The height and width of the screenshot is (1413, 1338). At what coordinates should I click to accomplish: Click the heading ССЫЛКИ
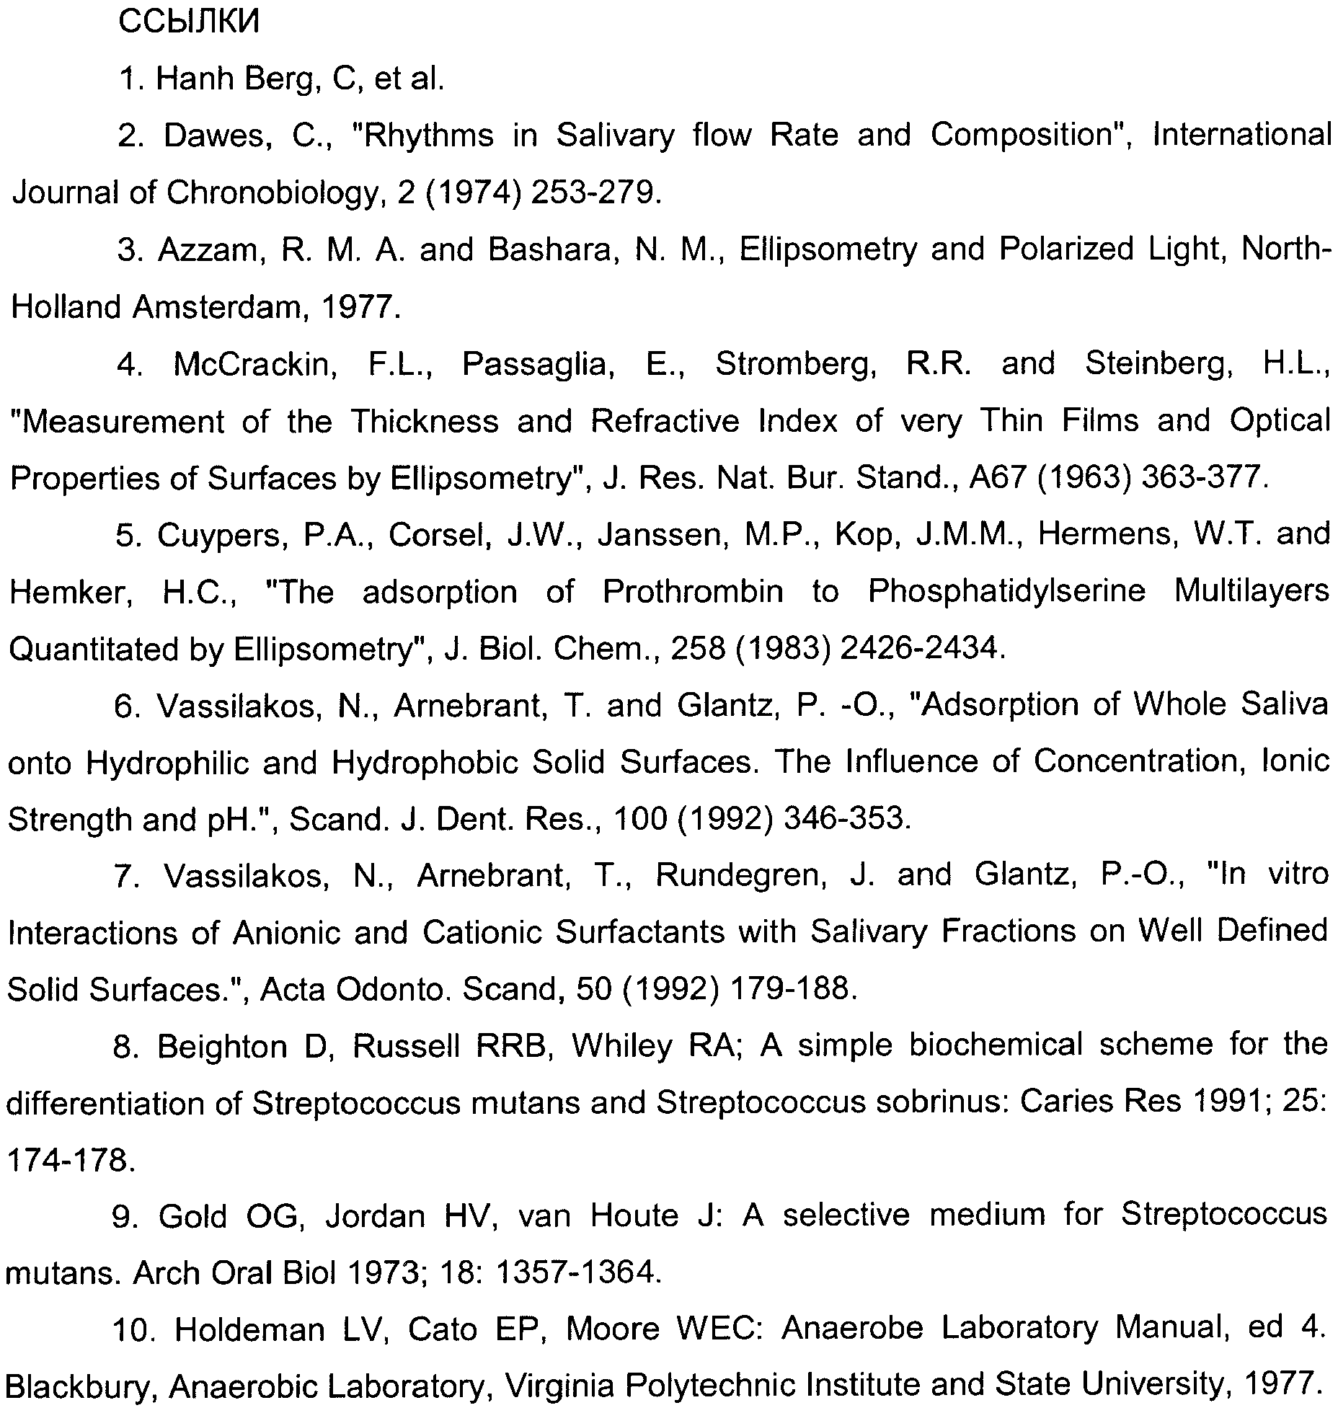[187, 23]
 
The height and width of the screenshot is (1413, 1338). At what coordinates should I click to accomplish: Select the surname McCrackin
[254, 364]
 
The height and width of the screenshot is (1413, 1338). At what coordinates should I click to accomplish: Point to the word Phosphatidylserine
[1006, 592]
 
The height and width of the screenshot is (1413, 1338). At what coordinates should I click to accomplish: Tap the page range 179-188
[793, 989]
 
